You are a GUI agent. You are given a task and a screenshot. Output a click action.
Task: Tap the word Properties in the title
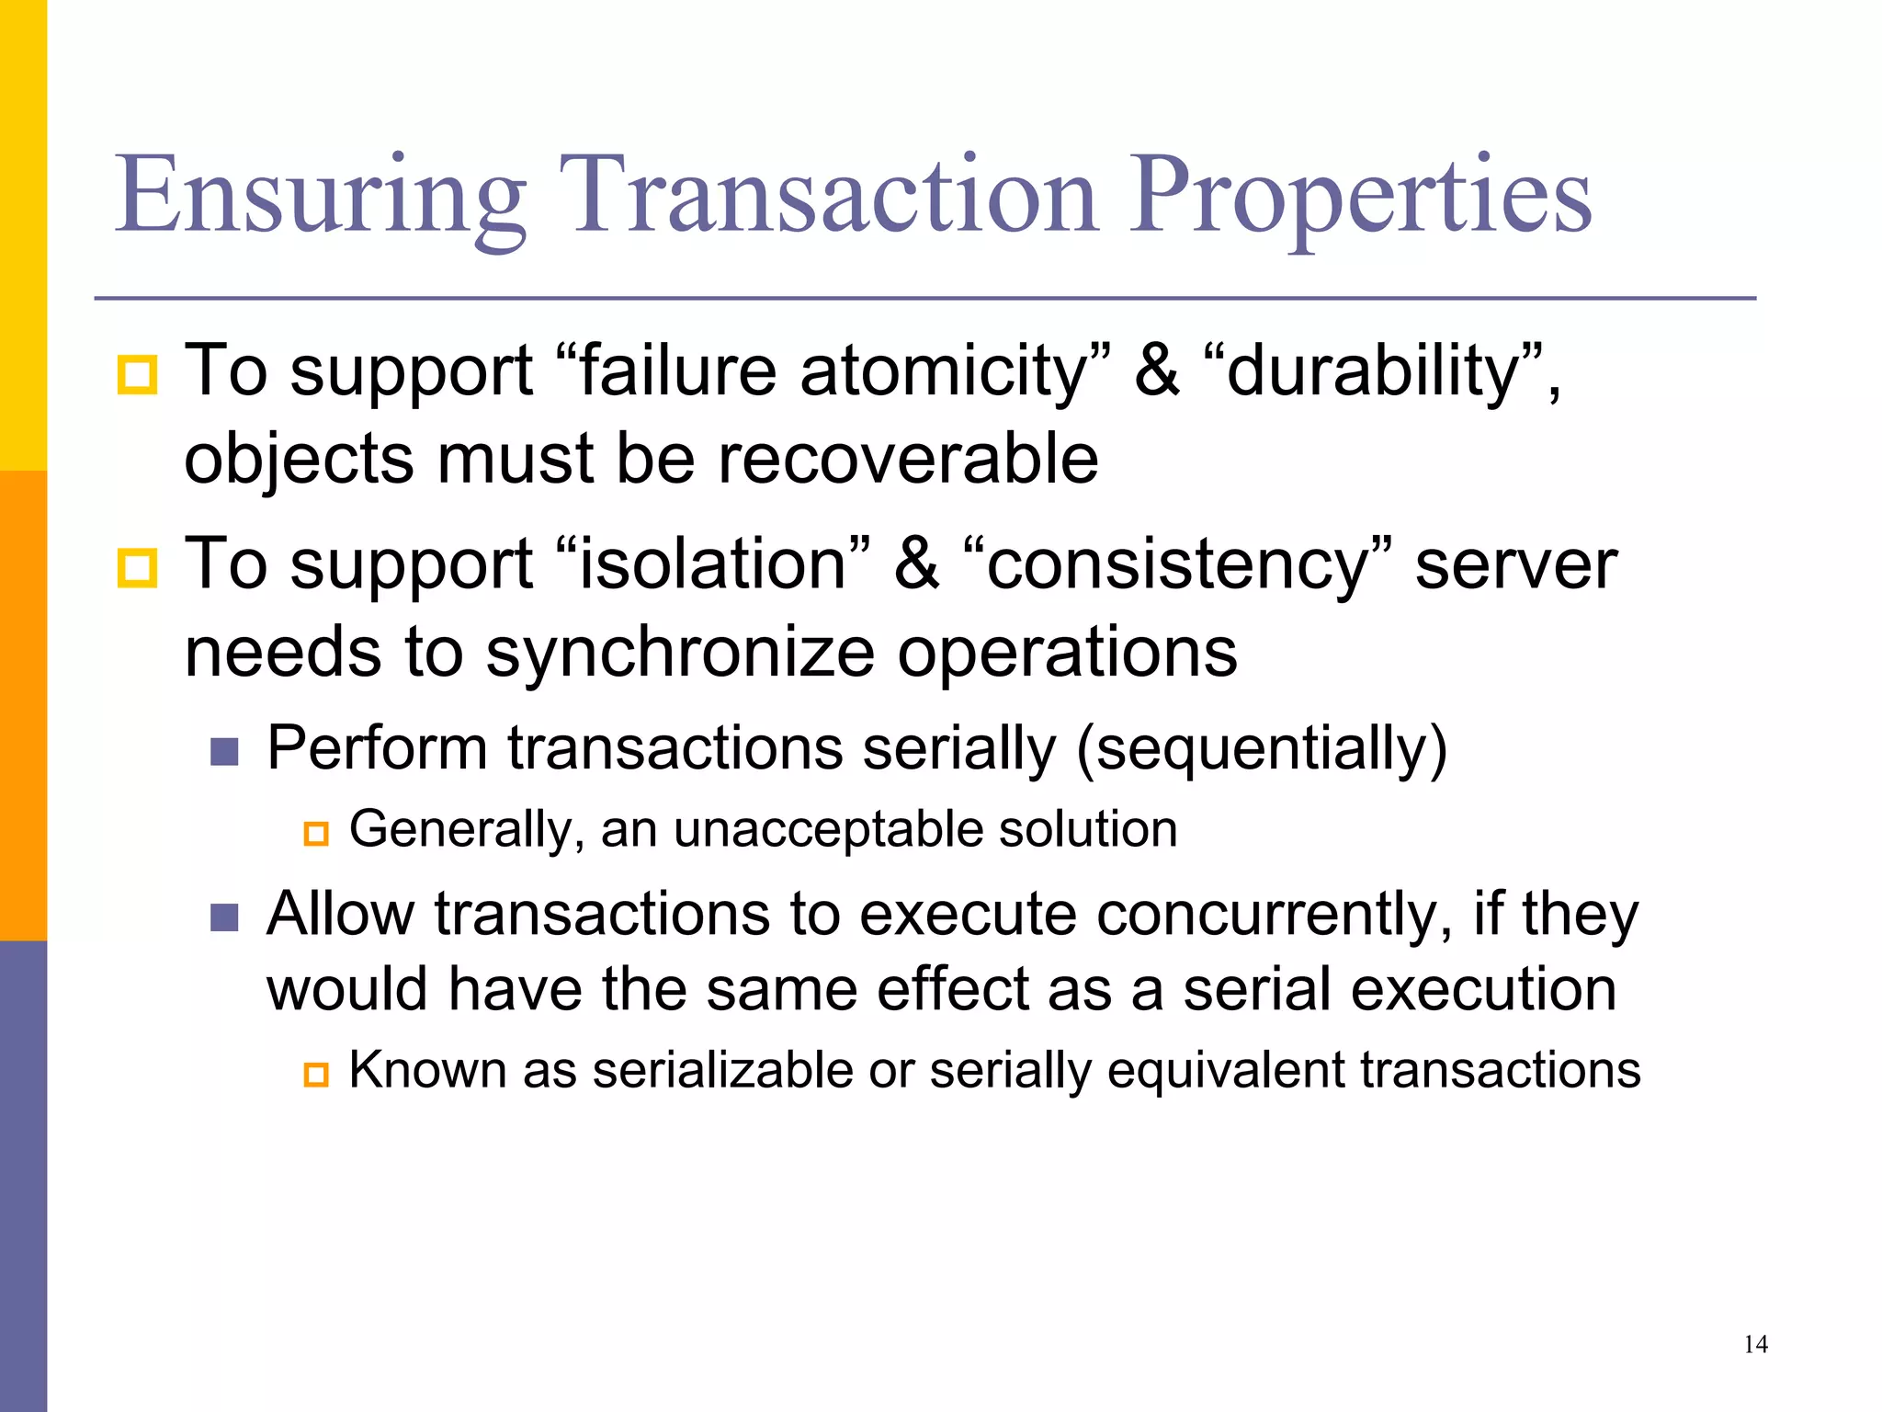click(x=1360, y=195)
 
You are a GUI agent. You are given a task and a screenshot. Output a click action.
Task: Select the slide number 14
click(x=1755, y=1345)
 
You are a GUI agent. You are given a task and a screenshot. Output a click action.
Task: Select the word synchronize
click(x=680, y=653)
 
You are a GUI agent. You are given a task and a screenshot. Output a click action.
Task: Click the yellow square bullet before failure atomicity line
click(x=138, y=375)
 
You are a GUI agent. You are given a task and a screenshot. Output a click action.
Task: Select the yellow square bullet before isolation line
click(x=138, y=567)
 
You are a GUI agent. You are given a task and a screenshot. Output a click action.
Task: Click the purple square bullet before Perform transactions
click(x=224, y=751)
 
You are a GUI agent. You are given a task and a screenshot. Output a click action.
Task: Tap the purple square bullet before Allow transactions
click(x=224, y=917)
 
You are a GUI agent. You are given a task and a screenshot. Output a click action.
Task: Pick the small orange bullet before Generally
click(x=316, y=834)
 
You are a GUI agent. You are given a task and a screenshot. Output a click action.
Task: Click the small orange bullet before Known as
click(x=316, y=1075)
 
